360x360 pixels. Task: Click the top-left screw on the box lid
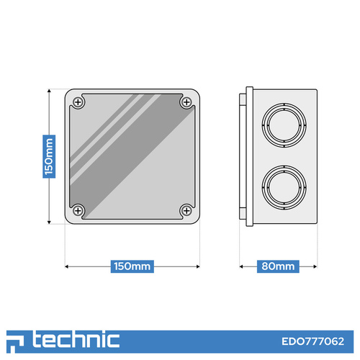pyautogui.click(x=78, y=102)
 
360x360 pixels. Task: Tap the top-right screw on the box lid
pyautogui.click(x=186, y=102)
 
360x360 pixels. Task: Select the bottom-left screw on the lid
pyautogui.click(x=78, y=211)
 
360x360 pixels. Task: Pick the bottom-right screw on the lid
pyautogui.click(x=186, y=211)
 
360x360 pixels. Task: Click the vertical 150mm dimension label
pyautogui.click(x=49, y=156)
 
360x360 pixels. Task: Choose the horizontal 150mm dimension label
pyautogui.click(x=132, y=266)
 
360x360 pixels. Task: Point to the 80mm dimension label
pyautogui.click(x=278, y=266)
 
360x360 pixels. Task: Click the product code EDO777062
pyautogui.click(x=312, y=341)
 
